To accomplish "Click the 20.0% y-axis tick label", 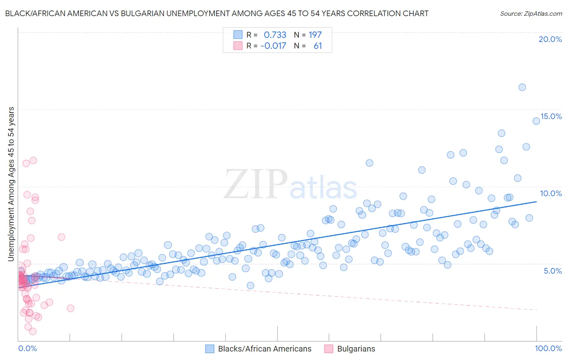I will (x=550, y=39).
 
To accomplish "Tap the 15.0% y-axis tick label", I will (x=551, y=116).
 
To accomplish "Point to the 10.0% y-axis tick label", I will (x=551, y=193).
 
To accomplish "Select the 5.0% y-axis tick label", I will (x=552, y=271).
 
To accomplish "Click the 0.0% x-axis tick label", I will (x=27, y=348).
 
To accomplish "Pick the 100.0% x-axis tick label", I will (x=548, y=348).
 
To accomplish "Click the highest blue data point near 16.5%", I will (x=522, y=87).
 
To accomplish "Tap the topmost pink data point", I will (x=33, y=160).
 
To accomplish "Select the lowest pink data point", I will (x=33, y=331).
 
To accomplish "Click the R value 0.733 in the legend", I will (x=275, y=35).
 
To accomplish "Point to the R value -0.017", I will (x=273, y=46).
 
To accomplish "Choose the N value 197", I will (x=315, y=35).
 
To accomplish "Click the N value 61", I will (x=317, y=46).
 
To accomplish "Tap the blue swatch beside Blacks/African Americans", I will (x=210, y=349).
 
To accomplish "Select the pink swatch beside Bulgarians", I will (x=329, y=349).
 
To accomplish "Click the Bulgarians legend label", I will (x=356, y=349).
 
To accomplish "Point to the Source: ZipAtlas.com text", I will (x=531, y=14).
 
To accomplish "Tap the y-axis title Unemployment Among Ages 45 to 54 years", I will (x=11, y=184).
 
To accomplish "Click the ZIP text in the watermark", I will (x=255, y=184).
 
